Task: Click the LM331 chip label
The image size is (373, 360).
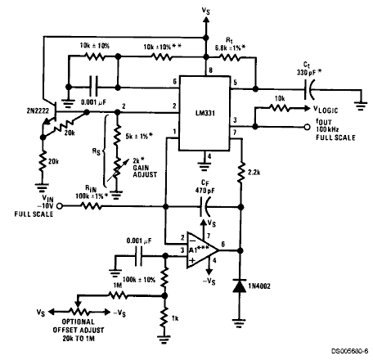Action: pyautogui.click(x=205, y=113)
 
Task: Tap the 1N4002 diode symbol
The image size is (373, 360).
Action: pyautogui.click(x=240, y=286)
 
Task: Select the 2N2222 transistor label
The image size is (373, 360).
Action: pyautogui.click(x=38, y=110)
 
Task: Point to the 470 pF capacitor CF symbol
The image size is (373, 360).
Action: pyautogui.click(x=204, y=207)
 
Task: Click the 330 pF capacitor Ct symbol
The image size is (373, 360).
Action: pyautogui.click(x=309, y=89)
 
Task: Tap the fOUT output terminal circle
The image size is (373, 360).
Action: pyautogui.click(x=307, y=127)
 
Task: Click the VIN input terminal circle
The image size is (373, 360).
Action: pyautogui.click(x=59, y=206)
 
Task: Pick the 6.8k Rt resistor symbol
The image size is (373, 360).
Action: pyautogui.click(x=230, y=57)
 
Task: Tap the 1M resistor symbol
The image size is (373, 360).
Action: pyautogui.click(x=118, y=295)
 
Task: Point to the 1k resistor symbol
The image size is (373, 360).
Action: pyautogui.click(x=164, y=318)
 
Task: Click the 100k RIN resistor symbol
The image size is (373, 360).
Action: pyautogui.click(x=92, y=206)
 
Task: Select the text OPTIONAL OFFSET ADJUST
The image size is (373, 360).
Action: pyautogui.click(x=79, y=326)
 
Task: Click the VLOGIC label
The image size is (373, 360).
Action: pyautogui.click(x=326, y=110)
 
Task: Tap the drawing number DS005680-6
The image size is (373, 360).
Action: pyautogui.click(x=349, y=351)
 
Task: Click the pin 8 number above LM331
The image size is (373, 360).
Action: pyautogui.click(x=210, y=70)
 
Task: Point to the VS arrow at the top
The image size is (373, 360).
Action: pyautogui.click(x=206, y=26)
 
